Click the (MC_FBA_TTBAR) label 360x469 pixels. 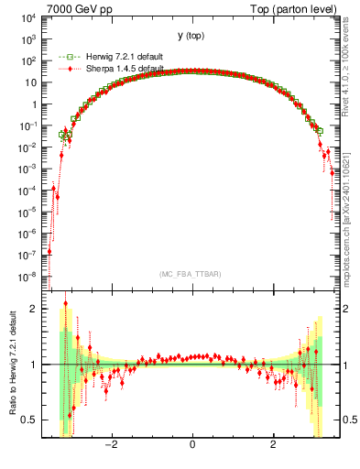click(191, 273)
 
